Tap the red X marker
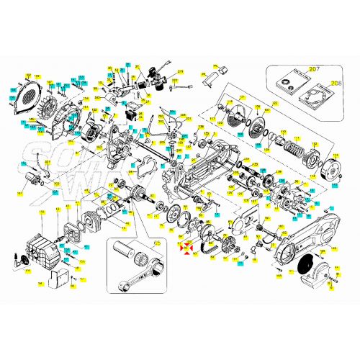187,248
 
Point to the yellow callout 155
42,212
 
